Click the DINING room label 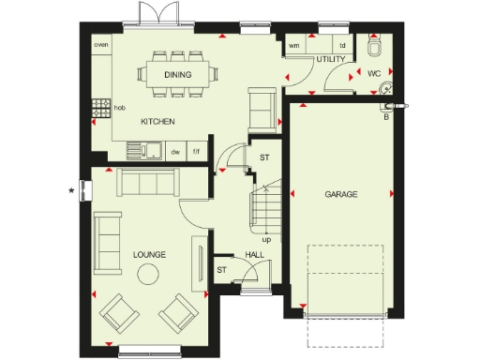[x=178, y=74]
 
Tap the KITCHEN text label [x=157, y=122]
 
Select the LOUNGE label [x=149, y=253]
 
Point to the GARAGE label [x=342, y=194]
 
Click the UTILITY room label [x=331, y=60]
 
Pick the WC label [x=374, y=72]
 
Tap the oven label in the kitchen [x=99, y=44]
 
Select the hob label [x=119, y=108]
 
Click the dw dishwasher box [x=175, y=150]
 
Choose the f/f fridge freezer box [x=196, y=150]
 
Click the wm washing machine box [x=294, y=44]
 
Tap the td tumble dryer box [x=342, y=44]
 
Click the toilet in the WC [x=376, y=46]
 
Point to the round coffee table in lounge [x=148, y=274]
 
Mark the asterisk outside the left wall [x=72, y=192]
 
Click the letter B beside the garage [x=385, y=117]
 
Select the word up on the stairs [x=266, y=239]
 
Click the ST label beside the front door [x=222, y=270]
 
